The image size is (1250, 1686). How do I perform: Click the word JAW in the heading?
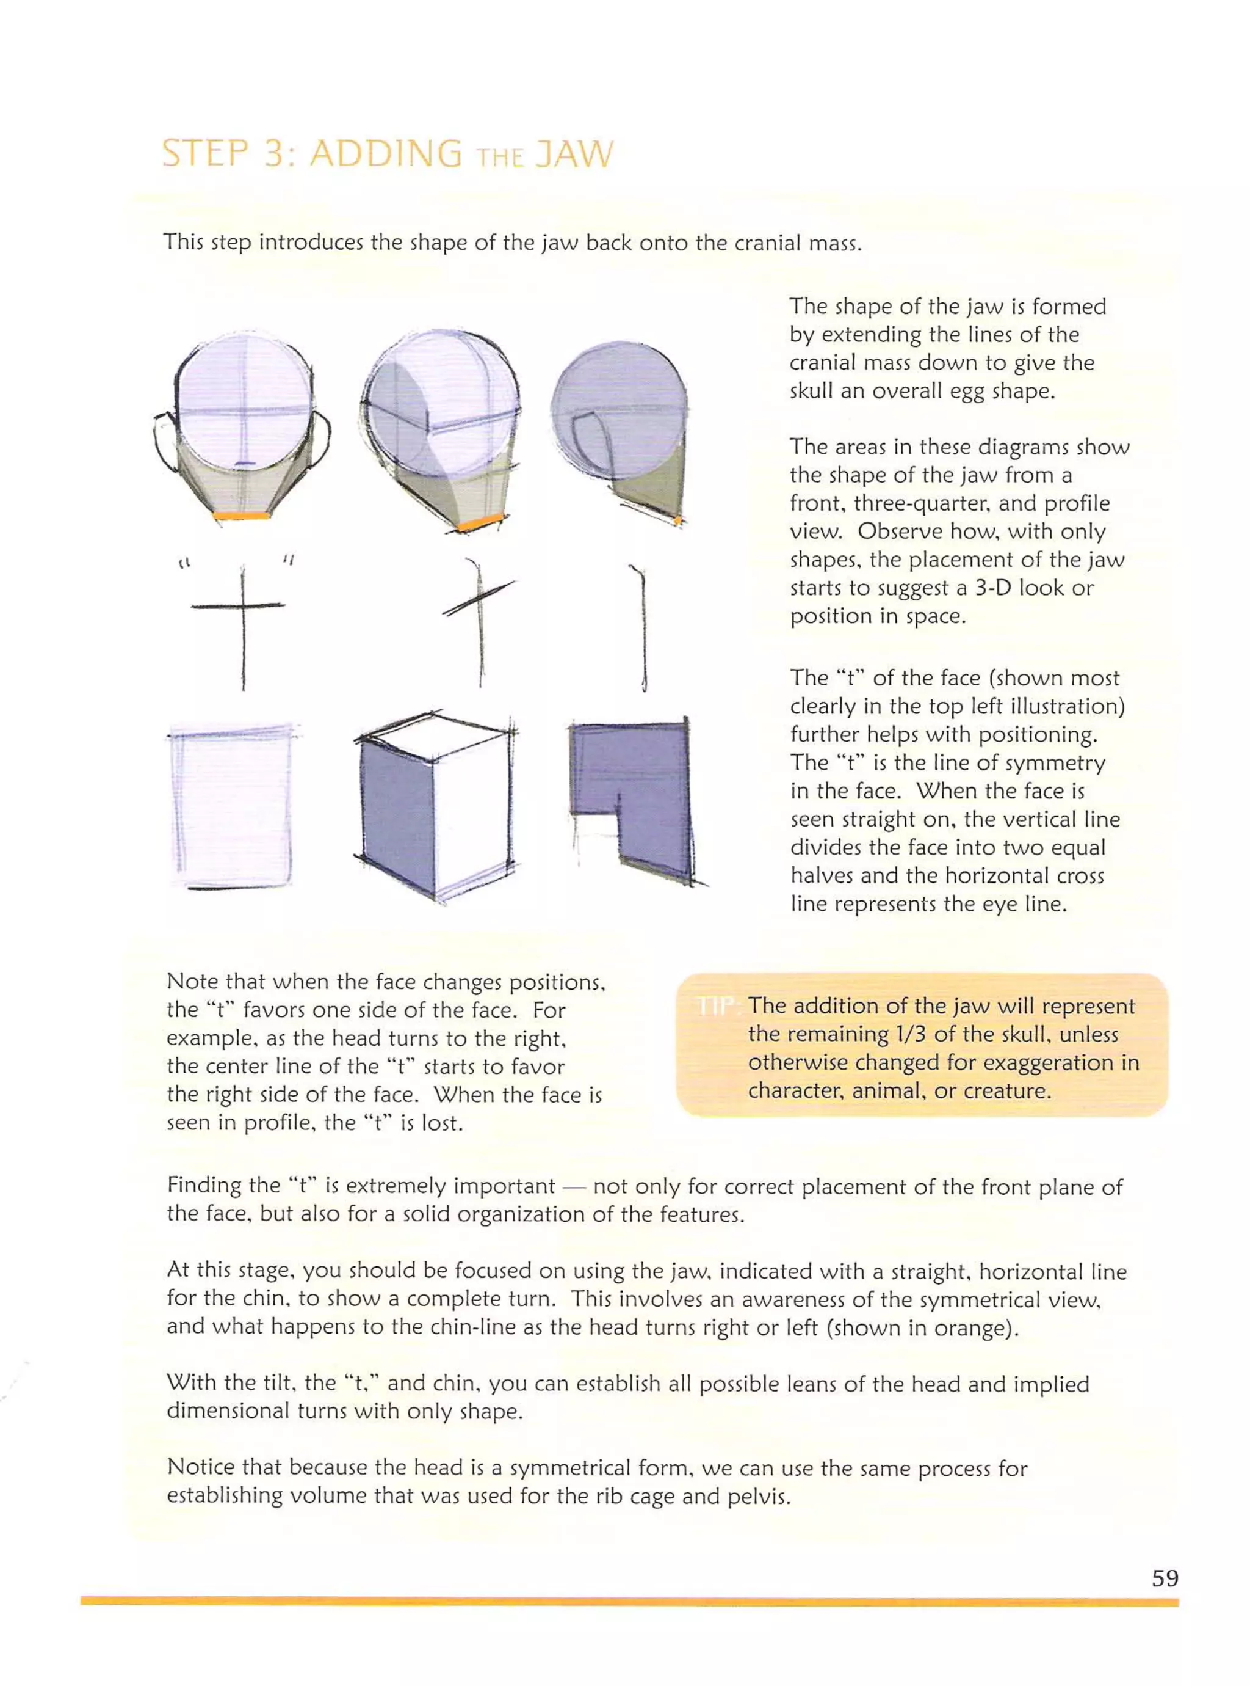(x=573, y=155)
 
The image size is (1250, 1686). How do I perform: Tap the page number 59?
(x=1165, y=1578)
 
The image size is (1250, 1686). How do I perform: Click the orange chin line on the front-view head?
(x=241, y=515)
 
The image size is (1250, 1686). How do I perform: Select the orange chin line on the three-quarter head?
(x=481, y=522)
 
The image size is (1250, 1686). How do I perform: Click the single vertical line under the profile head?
(x=643, y=629)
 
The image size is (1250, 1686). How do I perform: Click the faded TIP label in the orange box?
(x=716, y=1006)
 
